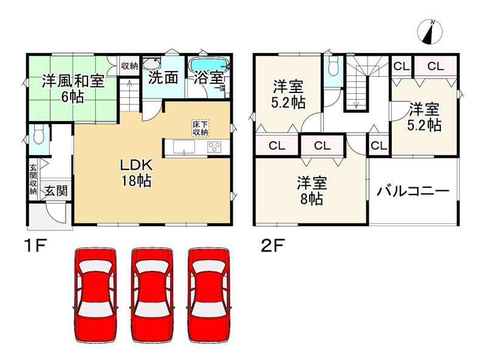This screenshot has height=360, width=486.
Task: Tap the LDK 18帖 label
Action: click(x=139, y=173)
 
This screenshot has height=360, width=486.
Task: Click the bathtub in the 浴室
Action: click(x=208, y=65)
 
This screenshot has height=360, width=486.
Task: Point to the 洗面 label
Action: click(x=163, y=78)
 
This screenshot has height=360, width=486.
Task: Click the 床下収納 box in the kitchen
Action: click(x=200, y=128)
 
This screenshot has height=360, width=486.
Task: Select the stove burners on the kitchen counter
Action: click(x=216, y=147)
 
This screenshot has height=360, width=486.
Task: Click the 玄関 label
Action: click(x=55, y=190)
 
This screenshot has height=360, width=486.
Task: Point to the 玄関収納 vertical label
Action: click(x=33, y=179)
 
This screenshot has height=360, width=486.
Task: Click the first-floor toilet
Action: click(x=38, y=133)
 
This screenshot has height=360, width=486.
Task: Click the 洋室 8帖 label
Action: click(x=312, y=190)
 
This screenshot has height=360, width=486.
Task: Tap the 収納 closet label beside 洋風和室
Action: click(x=129, y=66)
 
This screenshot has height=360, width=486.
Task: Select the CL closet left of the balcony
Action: click(x=378, y=145)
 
